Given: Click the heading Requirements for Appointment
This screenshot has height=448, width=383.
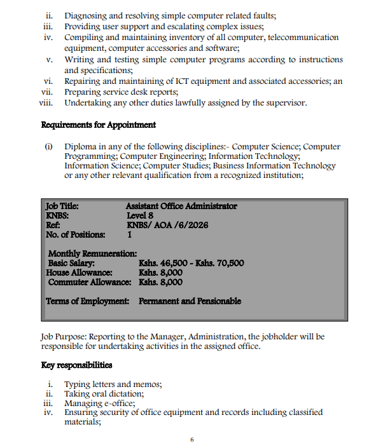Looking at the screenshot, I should pyautogui.click(x=99, y=125).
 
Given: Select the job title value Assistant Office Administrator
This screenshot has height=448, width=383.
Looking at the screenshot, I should pyautogui.click(x=181, y=206).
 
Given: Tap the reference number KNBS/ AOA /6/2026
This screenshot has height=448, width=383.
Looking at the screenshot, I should pyautogui.click(x=167, y=225).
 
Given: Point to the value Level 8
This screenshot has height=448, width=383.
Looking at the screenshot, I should pyautogui.click(x=141, y=215).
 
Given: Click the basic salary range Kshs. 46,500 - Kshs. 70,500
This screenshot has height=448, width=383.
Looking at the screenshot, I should pyautogui.click(x=191, y=263).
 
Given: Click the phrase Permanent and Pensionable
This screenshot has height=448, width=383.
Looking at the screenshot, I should pyautogui.click(x=190, y=301).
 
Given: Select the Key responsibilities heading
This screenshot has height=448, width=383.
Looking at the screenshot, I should pyautogui.click(x=76, y=365).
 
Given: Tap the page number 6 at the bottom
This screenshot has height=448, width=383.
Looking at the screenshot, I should pyautogui.click(x=191, y=439).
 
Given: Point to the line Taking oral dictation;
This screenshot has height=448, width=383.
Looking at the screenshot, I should pyautogui.click(x=104, y=393).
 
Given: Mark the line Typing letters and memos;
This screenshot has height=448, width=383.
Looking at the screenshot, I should pyautogui.click(x=113, y=384).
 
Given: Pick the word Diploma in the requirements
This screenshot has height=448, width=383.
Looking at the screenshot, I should pyautogui.click(x=81, y=147).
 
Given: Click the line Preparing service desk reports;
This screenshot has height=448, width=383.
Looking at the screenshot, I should pyautogui.click(x=121, y=92).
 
